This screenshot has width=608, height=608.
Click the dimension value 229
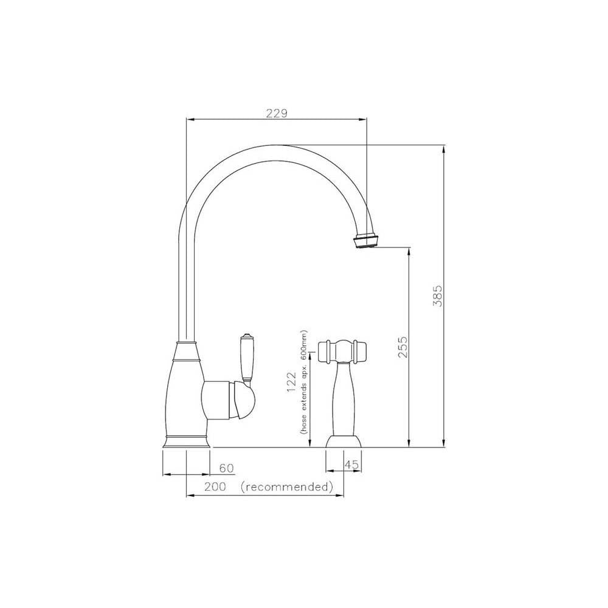(275, 113)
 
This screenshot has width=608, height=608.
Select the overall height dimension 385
(436, 295)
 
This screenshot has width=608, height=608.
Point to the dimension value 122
(292, 385)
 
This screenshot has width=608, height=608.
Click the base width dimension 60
(226, 468)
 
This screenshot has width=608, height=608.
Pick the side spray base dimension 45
(351, 465)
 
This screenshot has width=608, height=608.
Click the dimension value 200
(215, 487)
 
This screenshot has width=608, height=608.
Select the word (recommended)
(287, 487)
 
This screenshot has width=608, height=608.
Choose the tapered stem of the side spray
(344, 396)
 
